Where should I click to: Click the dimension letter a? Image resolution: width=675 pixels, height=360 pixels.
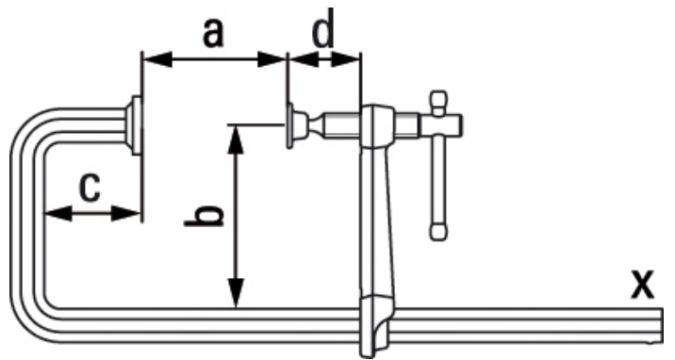tap(213, 34)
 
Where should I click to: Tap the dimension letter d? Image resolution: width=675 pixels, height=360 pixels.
tap(322, 27)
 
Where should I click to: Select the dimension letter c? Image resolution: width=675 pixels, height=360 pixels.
tap(90, 188)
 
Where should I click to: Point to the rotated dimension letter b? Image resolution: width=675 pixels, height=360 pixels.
tap(204, 217)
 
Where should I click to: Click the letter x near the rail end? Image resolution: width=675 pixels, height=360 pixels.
tap(642, 284)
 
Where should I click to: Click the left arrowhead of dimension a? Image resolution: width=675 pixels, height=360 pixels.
tap(157, 59)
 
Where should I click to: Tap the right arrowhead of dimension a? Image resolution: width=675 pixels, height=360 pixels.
tap(272, 59)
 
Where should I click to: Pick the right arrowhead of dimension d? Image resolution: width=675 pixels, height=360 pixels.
tap(345, 59)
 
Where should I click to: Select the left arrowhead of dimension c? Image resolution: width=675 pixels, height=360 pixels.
tap(58, 213)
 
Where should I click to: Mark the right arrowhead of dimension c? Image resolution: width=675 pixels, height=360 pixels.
tap(126, 213)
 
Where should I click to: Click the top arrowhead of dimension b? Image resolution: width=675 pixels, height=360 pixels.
tap(236, 139)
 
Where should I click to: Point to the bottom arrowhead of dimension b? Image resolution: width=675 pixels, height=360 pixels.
tap(236, 293)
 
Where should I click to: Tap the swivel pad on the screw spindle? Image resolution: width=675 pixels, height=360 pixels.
tap(297, 125)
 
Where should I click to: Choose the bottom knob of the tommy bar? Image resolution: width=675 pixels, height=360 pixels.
tap(438, 231)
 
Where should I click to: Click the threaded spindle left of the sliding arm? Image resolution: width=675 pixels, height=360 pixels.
tap(341, 125)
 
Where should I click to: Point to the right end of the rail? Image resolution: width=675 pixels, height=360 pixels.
tap(661, 325)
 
